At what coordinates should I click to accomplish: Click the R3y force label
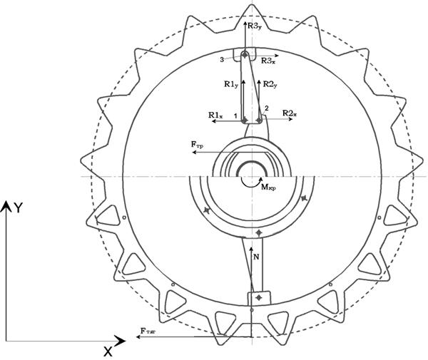point(255,26)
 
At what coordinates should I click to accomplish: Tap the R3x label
point(268,61)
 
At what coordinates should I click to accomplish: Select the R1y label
point(231,85)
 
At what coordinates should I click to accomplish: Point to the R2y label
point(270,85)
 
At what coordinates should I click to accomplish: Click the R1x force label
point(215,115)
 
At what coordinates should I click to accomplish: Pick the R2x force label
point(290,113)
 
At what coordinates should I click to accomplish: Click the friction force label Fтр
point(197,145)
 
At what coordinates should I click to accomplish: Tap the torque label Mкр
point(269,187)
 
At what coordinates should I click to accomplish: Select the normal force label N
point(256,257)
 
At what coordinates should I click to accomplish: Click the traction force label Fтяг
point(148,331)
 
